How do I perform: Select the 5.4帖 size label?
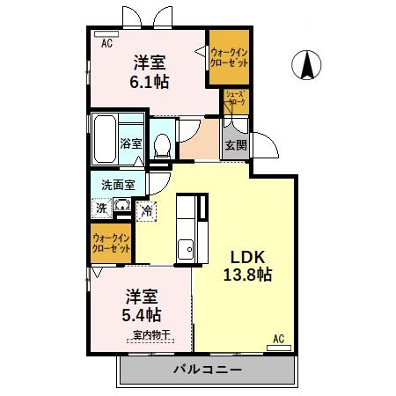point(142,314)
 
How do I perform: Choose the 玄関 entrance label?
point(233,145)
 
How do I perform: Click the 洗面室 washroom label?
point(117,186)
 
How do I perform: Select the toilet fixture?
point(163,144)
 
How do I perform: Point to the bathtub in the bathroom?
point(106,138)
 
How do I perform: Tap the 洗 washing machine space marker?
point(102,209)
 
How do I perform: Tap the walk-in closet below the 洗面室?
point(112,242)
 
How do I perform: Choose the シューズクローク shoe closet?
point(235,101)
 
